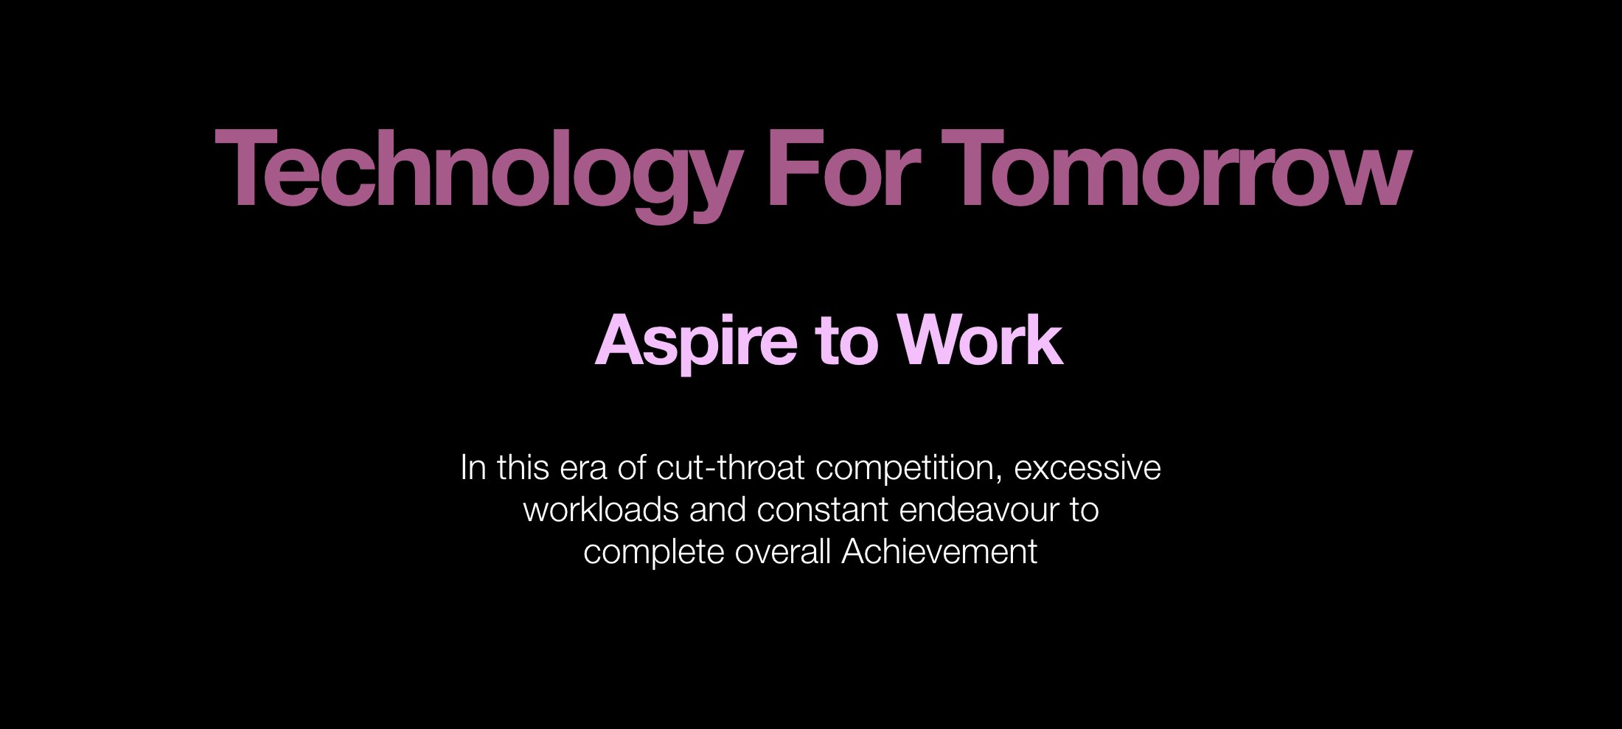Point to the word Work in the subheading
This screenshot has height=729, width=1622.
[x=980, y=341]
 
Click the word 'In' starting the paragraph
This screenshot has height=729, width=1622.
[x=473, y=468]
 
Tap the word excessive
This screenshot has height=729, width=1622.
[x=1087, y=468]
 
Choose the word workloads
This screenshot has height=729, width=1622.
[x=601, y=510]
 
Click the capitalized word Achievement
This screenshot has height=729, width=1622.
[x=939, y=552]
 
